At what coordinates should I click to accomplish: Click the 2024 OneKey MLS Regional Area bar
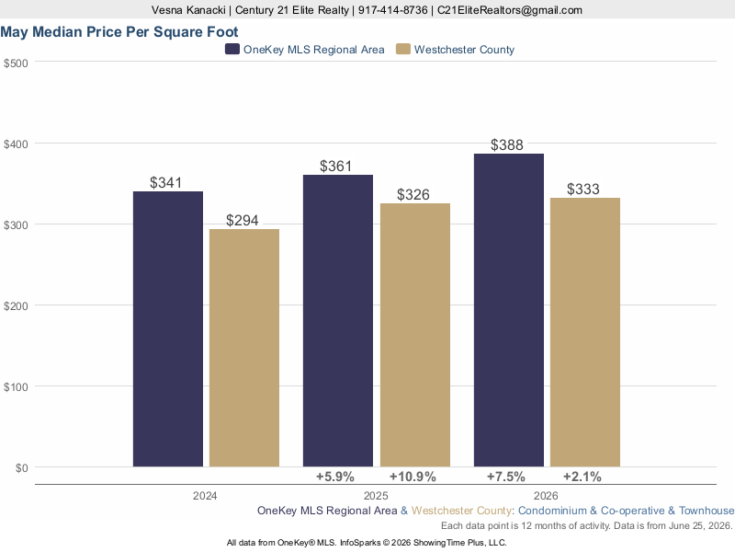pos(168,329)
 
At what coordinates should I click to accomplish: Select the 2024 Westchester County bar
pos(244,348)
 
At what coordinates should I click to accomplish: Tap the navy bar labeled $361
pos(338,321)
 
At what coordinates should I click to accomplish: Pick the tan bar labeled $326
pos(415,335)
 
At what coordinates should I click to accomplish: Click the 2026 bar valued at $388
pos(509,310)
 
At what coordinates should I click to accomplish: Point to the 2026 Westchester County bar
pos(585,332)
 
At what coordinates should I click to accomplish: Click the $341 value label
pos(166,182)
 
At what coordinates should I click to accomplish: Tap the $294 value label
pos(243,220)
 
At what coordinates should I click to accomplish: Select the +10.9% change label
pos(413,477)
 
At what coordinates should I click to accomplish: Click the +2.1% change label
pos(582,477)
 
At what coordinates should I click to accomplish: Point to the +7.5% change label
pos(506,477)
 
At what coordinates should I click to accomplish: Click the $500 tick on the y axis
pos(16,63)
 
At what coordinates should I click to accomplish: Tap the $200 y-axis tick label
pos(16,306)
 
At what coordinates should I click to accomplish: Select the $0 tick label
pos(21,468)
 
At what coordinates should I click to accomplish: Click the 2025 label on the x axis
pos(376,496)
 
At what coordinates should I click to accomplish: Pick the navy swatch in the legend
pos(232,50)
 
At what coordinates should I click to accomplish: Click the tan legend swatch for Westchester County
pos(403,50)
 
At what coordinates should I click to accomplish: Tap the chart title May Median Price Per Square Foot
pos(119,32)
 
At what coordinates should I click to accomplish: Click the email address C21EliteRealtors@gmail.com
pos(510,10)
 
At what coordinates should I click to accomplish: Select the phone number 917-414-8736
pos(393,10)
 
